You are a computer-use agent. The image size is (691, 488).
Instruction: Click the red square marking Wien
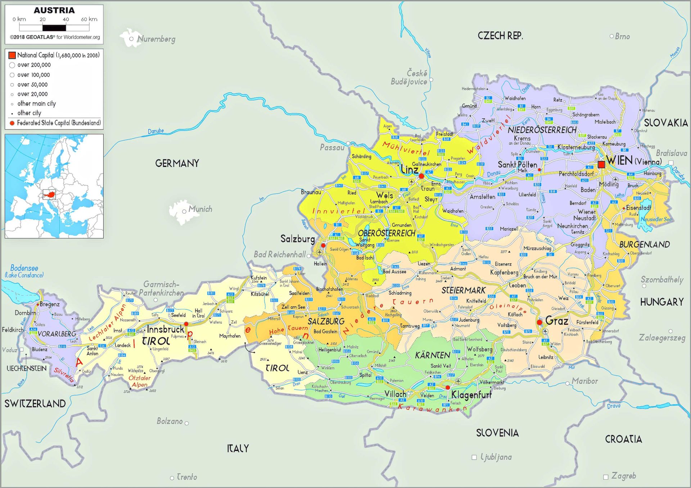(x=601, y=164)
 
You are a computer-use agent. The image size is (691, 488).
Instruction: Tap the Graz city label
(x=557, y=320)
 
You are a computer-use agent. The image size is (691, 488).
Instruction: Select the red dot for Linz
(x=421, y=176)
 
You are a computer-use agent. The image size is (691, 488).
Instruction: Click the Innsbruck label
(x=166, y=329)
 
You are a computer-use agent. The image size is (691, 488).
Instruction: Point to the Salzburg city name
(x=297, y=239)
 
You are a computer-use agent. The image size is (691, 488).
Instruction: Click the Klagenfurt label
(x=471, y=395)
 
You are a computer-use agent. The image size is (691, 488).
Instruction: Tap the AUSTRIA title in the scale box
(x=54, y=10)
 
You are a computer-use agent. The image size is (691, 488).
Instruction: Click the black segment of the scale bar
(x=54, y=28)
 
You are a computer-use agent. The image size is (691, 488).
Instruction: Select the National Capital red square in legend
(x=12, y=55)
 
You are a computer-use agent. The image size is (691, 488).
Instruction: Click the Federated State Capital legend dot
(x=12, y=123)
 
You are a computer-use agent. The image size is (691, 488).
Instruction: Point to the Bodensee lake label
(x=24, y=268)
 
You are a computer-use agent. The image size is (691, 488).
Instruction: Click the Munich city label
(x=200, y=209)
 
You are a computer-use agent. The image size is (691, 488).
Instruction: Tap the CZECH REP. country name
(x=500, y=36)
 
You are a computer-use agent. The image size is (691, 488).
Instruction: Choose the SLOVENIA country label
(x=497, y=433)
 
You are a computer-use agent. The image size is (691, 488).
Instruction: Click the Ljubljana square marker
(x=474, y=457)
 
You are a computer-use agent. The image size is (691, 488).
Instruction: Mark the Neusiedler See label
(x=656, y=219)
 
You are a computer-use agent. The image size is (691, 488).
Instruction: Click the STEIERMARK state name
(x=464, y=290)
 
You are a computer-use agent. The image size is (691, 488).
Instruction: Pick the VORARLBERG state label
(x=57, y=334)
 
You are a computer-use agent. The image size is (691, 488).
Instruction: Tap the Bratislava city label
(x=671, y=153)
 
